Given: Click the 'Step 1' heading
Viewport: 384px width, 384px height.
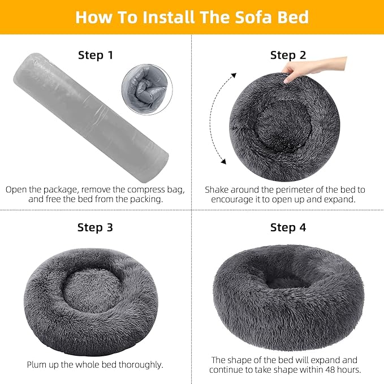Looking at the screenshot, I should tap(96, 55).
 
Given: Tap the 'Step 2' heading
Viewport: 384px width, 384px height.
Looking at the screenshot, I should tap(288, 55).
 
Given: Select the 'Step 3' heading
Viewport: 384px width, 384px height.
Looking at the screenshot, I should tap(96, 227).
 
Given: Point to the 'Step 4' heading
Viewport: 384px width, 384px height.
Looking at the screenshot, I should tap(288, 227).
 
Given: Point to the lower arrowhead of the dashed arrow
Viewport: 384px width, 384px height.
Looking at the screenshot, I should tap(223, 162).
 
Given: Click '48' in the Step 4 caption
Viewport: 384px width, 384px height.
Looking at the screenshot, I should tap(337, 370).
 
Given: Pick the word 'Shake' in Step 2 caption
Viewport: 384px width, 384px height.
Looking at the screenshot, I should tap(218, 189).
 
